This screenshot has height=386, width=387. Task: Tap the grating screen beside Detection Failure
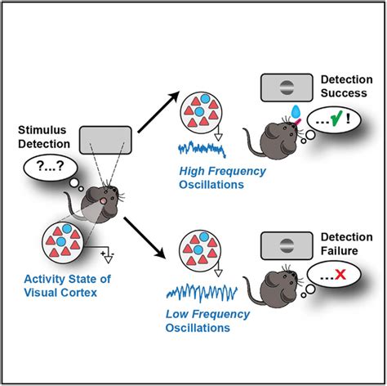tap(282, 244)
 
